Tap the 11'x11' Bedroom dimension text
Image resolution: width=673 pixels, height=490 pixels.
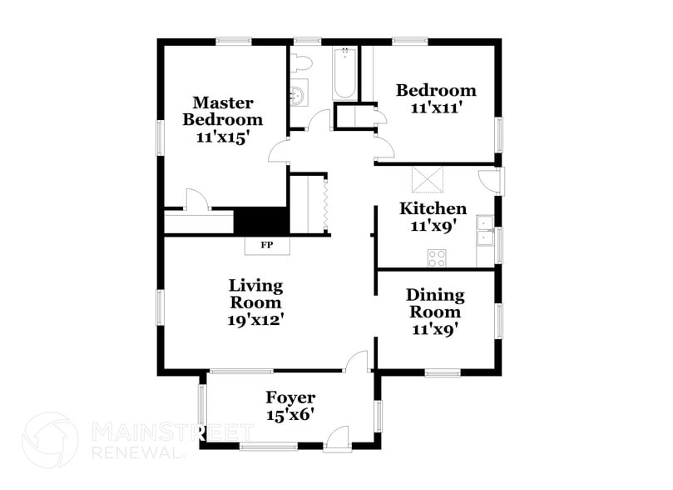[x=436, y=107]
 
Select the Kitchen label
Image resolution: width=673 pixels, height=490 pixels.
[x=433, y=208]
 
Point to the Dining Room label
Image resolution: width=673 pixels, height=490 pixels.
[x=435, y=303]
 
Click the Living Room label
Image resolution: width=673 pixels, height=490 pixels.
[x=256, y=293]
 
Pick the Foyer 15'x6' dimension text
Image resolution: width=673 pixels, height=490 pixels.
[x=289, y=414]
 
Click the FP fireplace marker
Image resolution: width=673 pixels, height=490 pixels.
[x=267, y=245]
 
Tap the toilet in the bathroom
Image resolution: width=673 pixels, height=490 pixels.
[x=300, y=62]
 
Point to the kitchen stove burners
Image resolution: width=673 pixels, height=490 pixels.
[x=437, y=258]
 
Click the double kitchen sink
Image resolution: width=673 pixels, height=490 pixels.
[x=485, y=231]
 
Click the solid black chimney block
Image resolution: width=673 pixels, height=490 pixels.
[x=260, y=221]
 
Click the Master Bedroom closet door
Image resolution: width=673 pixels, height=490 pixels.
[x=196, y=200]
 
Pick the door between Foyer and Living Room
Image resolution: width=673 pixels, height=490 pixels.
[x=356, y=362]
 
